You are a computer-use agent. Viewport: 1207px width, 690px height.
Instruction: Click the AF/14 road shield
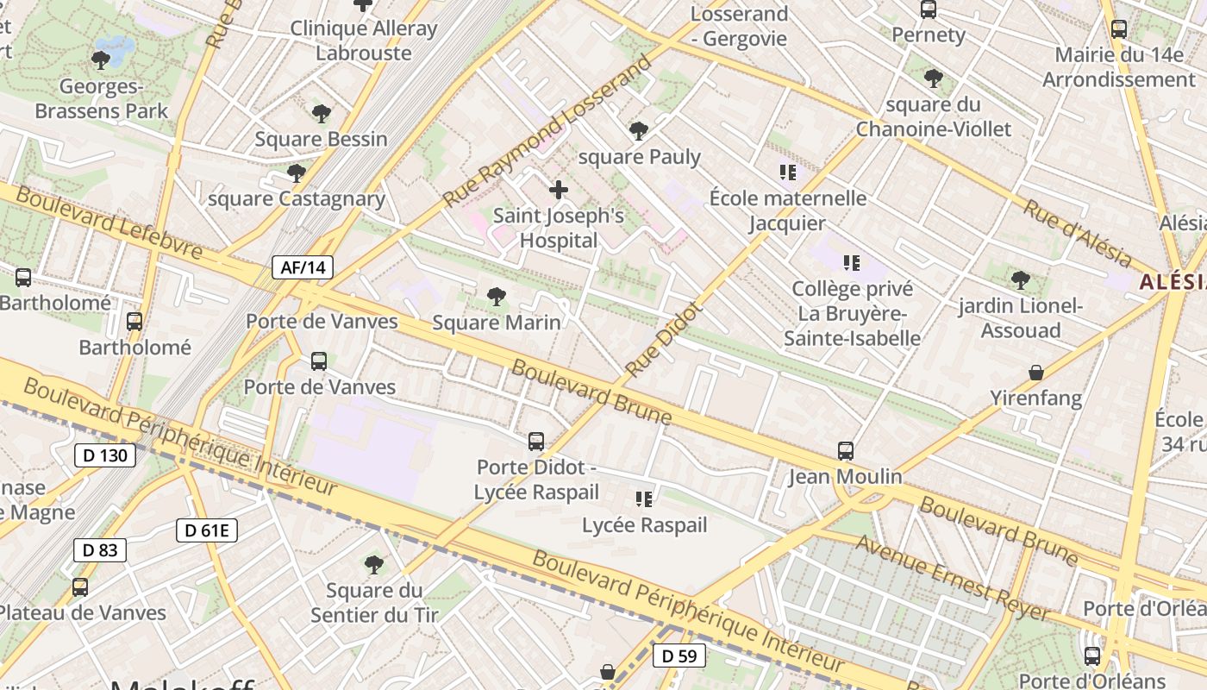(303, 267)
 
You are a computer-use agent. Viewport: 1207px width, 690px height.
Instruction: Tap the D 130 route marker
(105, 455)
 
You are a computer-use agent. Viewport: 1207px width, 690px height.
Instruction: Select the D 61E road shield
(207, 530)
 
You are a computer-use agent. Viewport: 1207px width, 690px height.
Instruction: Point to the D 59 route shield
(679, 655)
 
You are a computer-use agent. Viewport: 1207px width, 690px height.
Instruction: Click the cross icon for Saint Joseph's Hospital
(559, 190)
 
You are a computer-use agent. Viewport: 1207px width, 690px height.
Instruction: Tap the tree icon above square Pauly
(639, 131)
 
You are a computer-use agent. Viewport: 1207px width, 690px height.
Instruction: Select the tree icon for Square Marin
(496, 298)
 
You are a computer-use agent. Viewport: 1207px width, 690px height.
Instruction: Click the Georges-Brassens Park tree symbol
(101, 60)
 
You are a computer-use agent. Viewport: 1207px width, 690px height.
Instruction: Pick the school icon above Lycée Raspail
(643, 499)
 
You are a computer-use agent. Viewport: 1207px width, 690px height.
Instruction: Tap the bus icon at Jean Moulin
(846, 450)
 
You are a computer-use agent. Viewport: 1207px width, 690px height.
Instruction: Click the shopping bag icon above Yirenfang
(1036, 373)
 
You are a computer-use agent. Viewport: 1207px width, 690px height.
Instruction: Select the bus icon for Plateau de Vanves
(80, 587)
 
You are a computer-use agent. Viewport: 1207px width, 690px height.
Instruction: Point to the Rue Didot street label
(663, 340)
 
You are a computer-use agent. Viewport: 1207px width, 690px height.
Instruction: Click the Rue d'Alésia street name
(1078, 232)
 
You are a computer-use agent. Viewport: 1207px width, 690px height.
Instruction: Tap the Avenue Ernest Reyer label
(954, 578)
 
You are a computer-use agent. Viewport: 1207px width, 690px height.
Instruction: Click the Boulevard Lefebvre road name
(109, 223)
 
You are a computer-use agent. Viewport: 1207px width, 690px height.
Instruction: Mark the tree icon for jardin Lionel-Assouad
(1021, 279)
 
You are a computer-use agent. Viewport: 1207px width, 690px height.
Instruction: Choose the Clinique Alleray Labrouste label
(363, 41)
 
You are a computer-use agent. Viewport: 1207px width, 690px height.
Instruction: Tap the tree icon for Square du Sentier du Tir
(374, 565)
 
